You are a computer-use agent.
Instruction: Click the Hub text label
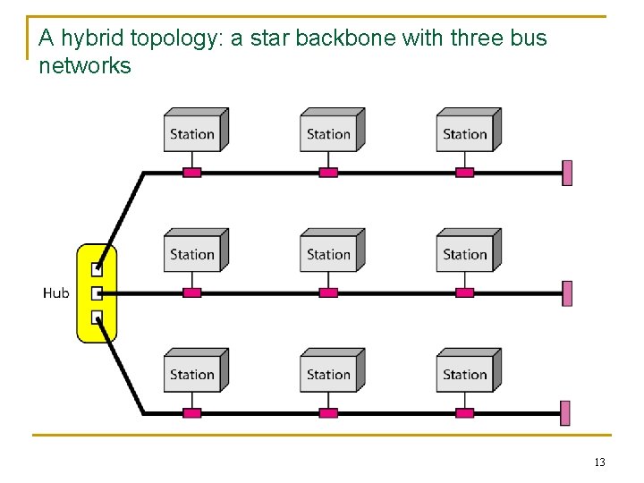[x=55, y=293]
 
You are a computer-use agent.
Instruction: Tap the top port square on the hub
[x=97, y=267]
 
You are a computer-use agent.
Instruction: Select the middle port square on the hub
[x=97, y=292]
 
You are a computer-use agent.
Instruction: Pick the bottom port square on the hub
[x=97, y=317]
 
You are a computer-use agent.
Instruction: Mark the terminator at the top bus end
[x=566, y=173]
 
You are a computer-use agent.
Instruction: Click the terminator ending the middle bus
[x=566, y=292]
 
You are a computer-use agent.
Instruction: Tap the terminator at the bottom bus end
[x=566, y=413]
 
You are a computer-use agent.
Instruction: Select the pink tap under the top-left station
[x=192, y=173]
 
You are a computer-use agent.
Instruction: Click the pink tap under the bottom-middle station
[x=328, y=413]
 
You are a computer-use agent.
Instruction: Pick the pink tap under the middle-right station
[x=464, y=292]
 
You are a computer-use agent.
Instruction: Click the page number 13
[x=599, y=462]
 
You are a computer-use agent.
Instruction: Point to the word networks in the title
[x=85, y=65]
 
